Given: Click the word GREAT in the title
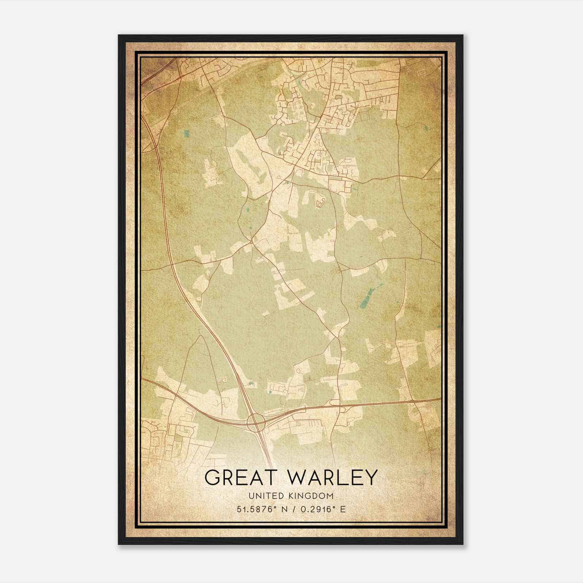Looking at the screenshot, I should click(237, 477).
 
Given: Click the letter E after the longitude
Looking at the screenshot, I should click(342, 509).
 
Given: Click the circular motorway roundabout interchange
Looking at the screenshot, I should click(255, 422).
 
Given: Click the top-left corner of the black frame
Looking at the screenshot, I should click(119, 35).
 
